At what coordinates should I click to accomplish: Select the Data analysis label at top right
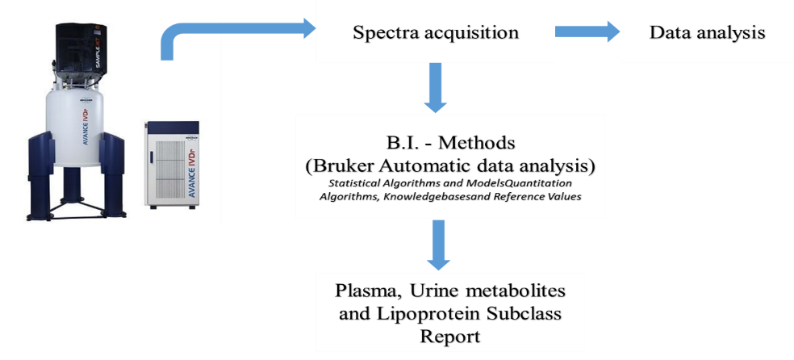[x=708, y=33]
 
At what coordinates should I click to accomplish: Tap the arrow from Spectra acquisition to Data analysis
[x=587, y=31]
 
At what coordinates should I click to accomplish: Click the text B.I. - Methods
[x=451, y=144]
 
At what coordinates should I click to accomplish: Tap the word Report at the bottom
[x=449, y=337]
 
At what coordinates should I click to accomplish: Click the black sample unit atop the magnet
[x=80, y=48]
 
